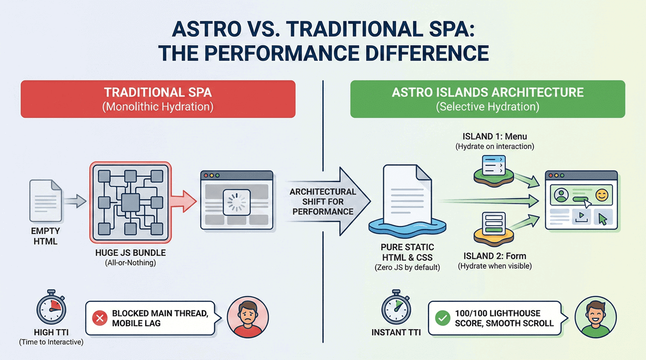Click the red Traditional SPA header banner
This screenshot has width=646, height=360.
pyautogui.click(x=158, y=99)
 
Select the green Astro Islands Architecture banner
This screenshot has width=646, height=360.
pyautogui.click(x=487, y=99)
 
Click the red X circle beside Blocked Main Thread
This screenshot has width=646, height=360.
pyautogui.click(x=100, y=319)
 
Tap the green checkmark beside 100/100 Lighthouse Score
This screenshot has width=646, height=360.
pyautogui.click(x=442, y=319)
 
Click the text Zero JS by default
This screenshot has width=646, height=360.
pyautogui.click(x=406, y=267)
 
